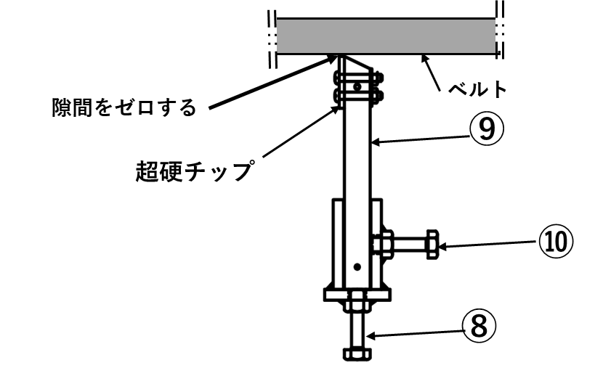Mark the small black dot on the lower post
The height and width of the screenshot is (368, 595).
357,267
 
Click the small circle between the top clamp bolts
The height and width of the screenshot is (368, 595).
356,86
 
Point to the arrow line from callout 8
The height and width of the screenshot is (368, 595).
414,333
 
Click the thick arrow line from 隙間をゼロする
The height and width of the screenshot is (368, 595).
269,84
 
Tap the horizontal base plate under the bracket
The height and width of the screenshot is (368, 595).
357,294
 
